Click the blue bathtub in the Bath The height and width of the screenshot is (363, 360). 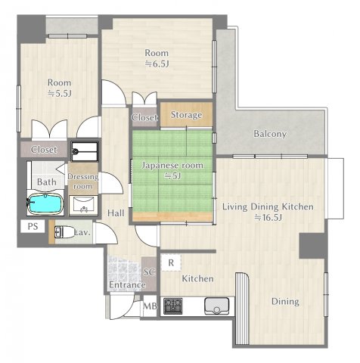[x=45, y=203]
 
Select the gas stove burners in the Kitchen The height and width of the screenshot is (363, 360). [x=173, y=306]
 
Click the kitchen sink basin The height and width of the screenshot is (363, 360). [x=217, y=306]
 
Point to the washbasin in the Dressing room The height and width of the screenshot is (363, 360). [x=83, y=205]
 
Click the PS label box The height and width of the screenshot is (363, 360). [x=33, y=226]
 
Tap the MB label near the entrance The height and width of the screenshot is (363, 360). [x=150, y=306]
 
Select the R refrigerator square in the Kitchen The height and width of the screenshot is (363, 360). [x=171, y=262]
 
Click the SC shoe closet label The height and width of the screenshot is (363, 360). [x=149, y=272]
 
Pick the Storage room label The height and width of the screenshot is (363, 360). [x=186, y=115]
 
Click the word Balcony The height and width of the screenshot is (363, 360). [x=270, y=134]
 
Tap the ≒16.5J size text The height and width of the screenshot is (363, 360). [x=268, y=218]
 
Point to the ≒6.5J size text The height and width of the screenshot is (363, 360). [x=157, y=64]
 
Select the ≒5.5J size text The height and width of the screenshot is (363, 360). [x=60, y=94]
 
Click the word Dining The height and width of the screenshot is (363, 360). [x=285, y=302]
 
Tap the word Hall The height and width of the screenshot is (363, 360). [x=116, y=213]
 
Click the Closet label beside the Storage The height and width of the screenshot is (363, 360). [x=144, y=117]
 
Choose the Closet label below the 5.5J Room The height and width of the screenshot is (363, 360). [x=44, y=150]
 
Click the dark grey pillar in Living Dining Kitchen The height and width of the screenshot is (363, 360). [x=313, y=246]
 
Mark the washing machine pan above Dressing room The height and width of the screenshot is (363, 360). [x=85, y=151]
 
